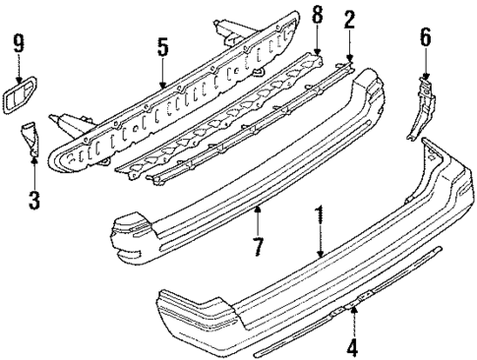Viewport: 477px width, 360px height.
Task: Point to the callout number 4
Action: pyautogui.click(x=354, y=345)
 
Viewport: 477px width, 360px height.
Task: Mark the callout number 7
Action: pyautogui.click(x=258, y=245)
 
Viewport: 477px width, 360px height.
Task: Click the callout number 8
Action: pyautogui.click(x=317, y=18)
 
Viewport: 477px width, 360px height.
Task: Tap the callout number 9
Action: pyautogui.click(x=17, y=42)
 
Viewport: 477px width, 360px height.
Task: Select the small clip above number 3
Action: pyautogui.click(x=30, y=137)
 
